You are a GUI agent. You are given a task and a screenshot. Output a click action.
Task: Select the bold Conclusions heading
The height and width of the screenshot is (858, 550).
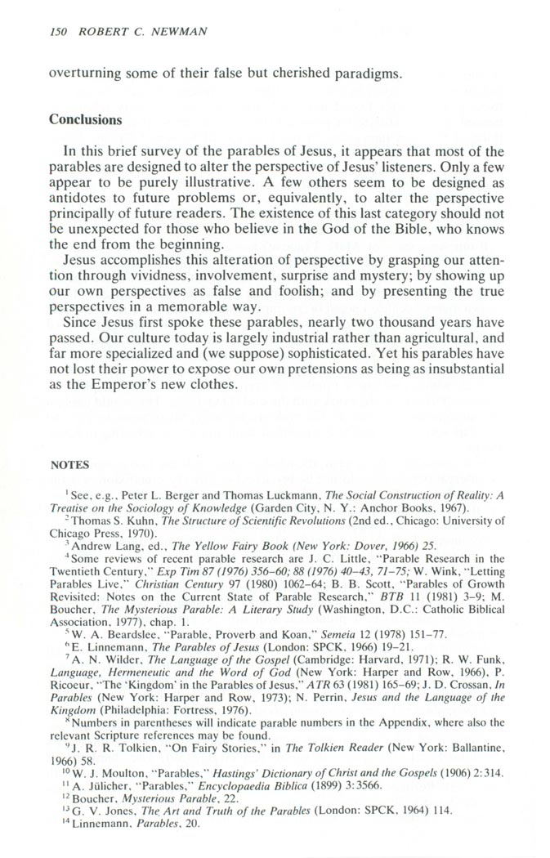coord(86,119)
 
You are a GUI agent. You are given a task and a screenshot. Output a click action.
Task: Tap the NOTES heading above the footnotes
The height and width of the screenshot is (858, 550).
coord(69,465)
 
